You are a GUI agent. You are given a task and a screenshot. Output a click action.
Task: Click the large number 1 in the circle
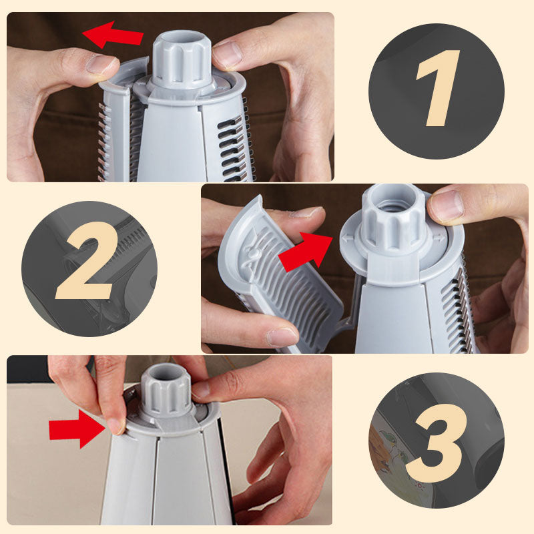coord(437,89)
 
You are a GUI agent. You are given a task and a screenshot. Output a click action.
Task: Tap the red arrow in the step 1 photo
coord(113,35)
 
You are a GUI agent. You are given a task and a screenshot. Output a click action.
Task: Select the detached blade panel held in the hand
coord(280,274)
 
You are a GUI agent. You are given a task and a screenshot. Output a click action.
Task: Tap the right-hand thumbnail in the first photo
coord(228,55)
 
